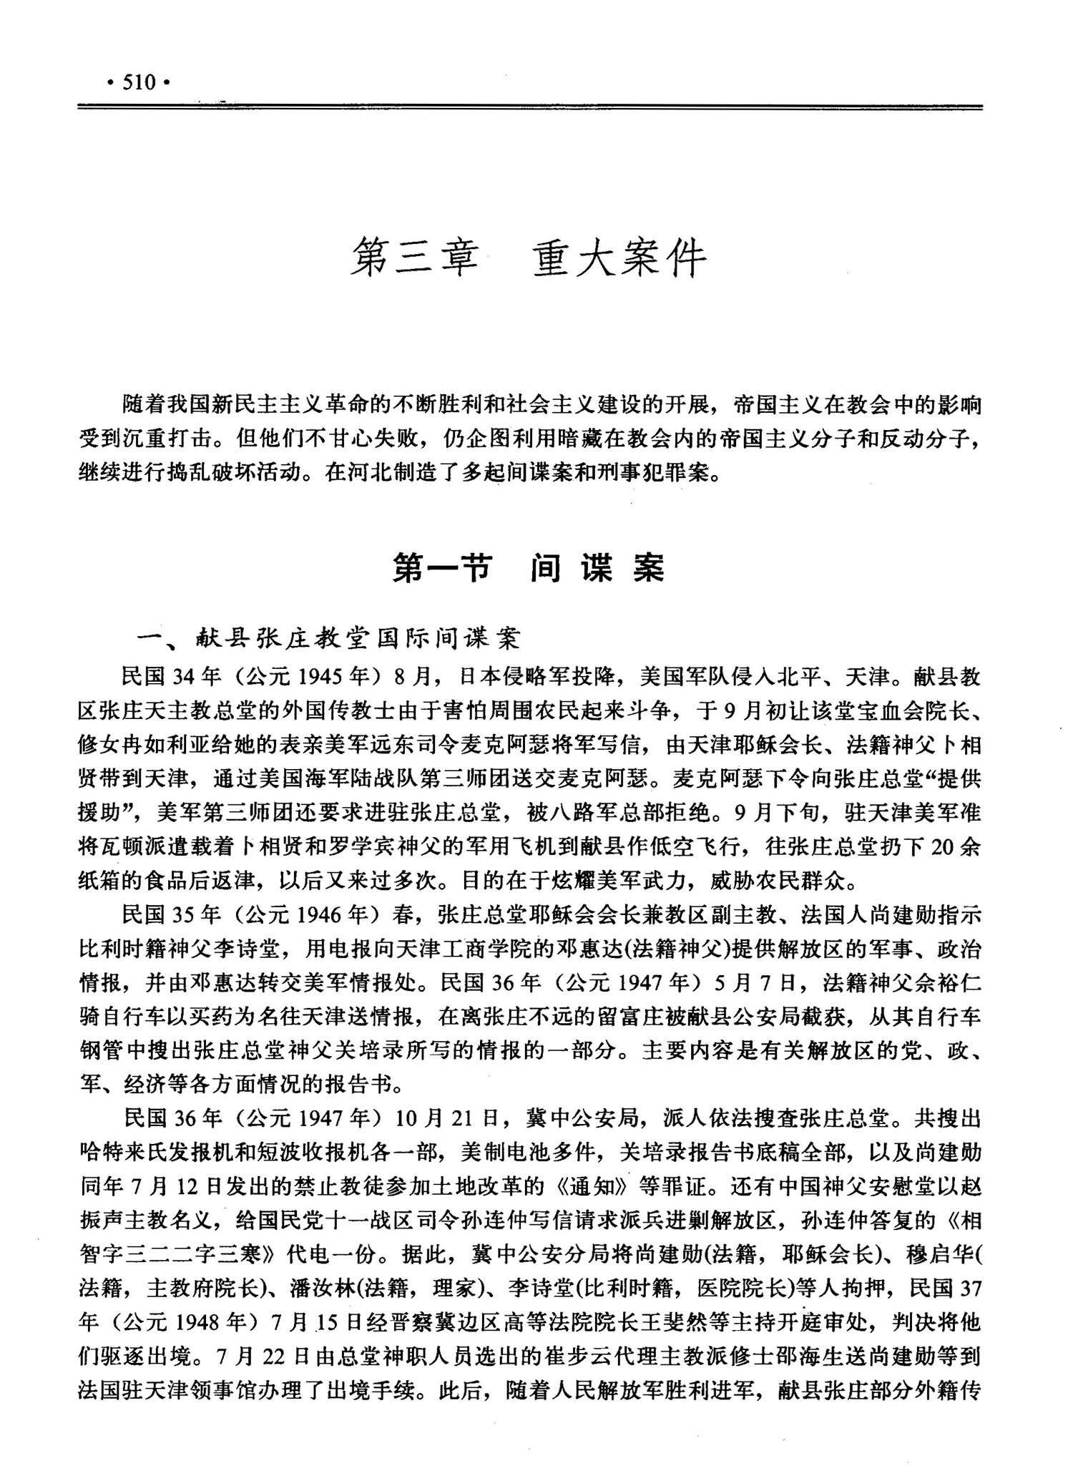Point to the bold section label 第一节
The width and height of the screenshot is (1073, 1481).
click(x=441, y=569)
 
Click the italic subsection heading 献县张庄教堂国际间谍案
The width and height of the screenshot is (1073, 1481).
click(x=358, y=638)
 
